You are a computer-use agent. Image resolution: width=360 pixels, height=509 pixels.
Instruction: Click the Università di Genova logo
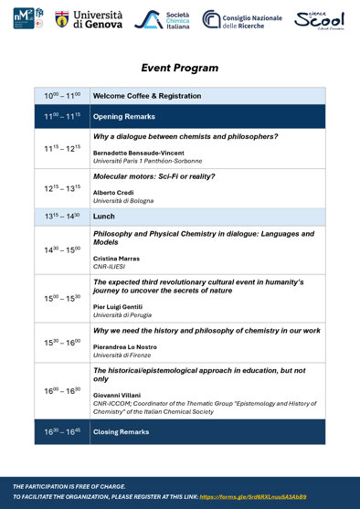tap(90, 19)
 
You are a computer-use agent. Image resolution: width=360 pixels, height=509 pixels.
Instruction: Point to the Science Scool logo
tap(320, 19)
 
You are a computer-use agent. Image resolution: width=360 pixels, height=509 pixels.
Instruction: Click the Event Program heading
tap(179, 68)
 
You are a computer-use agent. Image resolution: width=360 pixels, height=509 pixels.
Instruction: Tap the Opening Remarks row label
tap(123, 117)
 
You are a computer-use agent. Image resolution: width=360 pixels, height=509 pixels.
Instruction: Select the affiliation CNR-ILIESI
tap(110, 266)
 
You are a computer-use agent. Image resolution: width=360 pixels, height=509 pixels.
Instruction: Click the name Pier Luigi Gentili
tap(120, 307)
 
